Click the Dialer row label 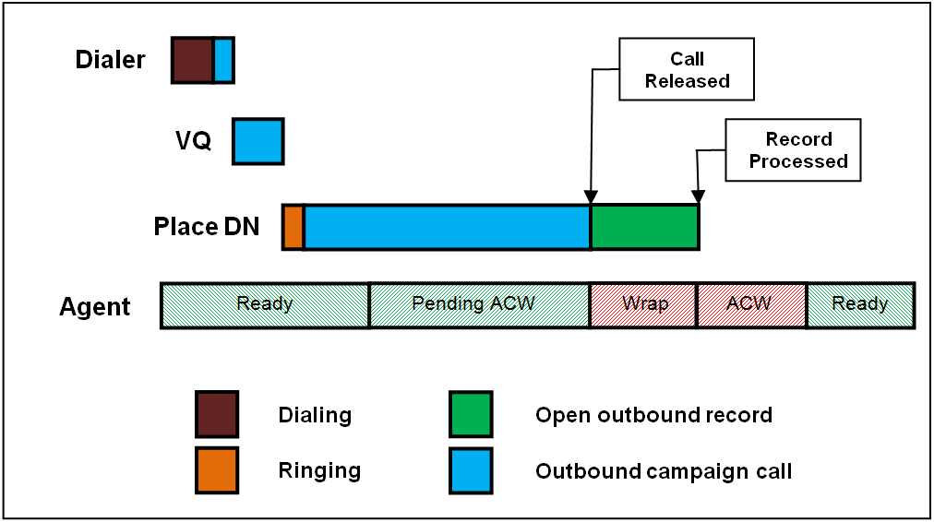(x=110, y=60)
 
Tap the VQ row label (x=193, y=141)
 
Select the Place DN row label (x=207, y=226)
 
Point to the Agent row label (x=95, y=306)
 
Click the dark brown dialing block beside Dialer (x=192, y=60)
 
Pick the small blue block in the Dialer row (x=224, y=60)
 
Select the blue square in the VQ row (x=257, y=141)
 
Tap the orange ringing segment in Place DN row (x=293, y=227)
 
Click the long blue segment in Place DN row (x=448, y=227)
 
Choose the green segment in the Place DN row (x=645, y=227)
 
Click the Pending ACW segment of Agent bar (x=480, y=305)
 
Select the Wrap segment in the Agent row (x=643, y=305)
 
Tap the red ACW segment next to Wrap (x=752, y=305)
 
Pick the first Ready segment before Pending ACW (x=265, y=305)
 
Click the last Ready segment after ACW (x=861, y=305)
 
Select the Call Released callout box (x=687, y=69)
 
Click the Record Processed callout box (x=793, y=150)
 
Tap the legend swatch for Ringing (x=217, y=470)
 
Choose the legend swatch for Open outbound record (x=472, y=414)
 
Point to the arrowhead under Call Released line (x=591, y=197)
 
